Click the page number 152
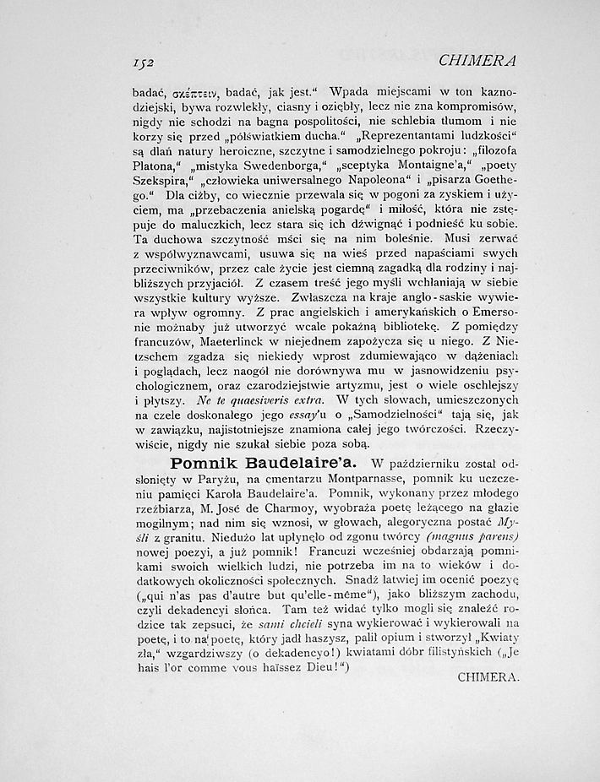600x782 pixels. coord(149,62)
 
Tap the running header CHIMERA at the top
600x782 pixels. coord(477,61)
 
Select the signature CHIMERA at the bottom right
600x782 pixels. coord(488,676)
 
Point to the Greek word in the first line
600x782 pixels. coord(197,91)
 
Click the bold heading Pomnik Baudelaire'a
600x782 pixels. coord(264,464)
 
